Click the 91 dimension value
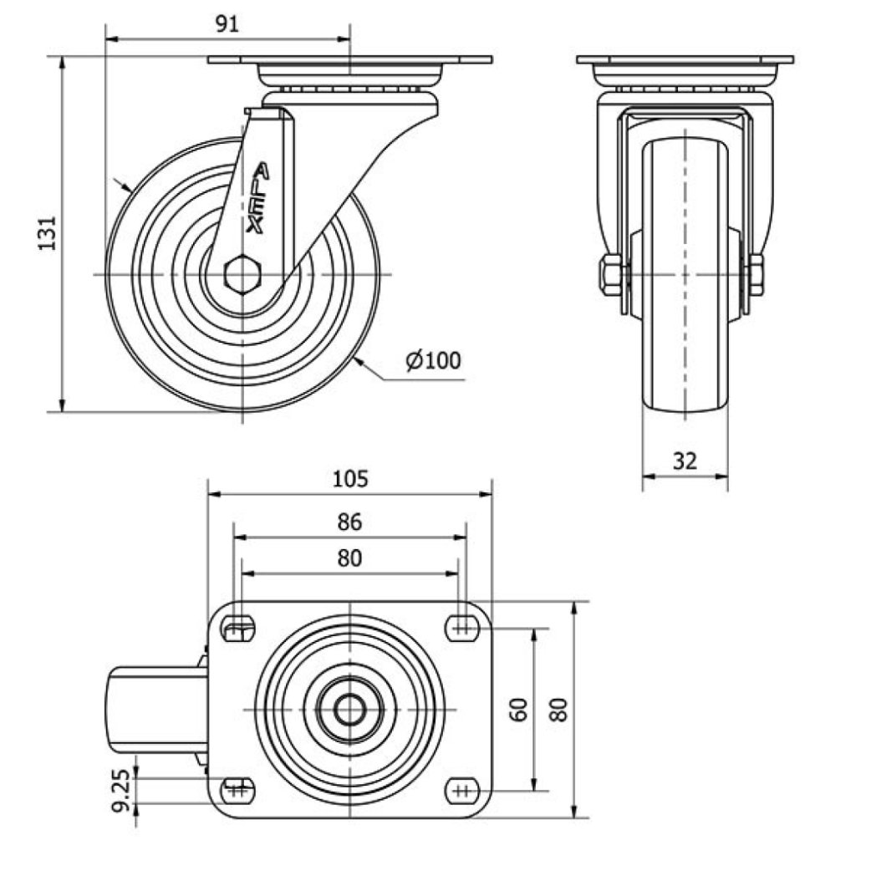point(227,23)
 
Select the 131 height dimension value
point(47,233)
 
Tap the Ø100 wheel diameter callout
point(434,360)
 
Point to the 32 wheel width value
point(685,461)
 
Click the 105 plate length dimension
point(350,479)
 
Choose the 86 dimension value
point(349,522)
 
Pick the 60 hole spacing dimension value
point(519,709)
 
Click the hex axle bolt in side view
point(243,275)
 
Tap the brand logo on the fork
point(258,200)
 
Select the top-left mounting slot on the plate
point(238,628)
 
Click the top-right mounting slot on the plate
point(462,628)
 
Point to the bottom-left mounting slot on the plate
point(238,791)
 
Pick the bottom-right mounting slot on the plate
point(462,791)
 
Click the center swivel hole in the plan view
point(349,709)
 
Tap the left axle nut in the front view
point(611,275)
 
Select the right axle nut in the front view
point(756,275)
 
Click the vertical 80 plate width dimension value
point(559,709)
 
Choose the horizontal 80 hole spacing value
point(349,558)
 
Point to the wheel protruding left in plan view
point(158,710)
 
